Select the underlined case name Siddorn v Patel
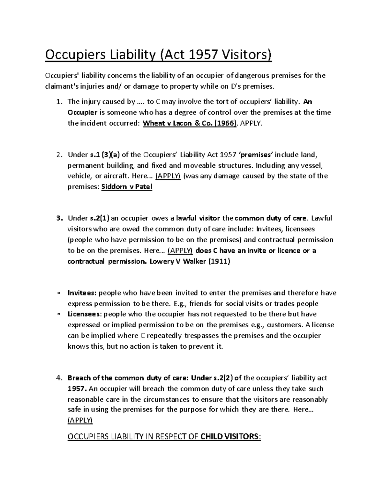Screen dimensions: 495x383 coord(126,187)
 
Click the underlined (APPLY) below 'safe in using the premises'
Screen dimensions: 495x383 coord(80,420)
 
